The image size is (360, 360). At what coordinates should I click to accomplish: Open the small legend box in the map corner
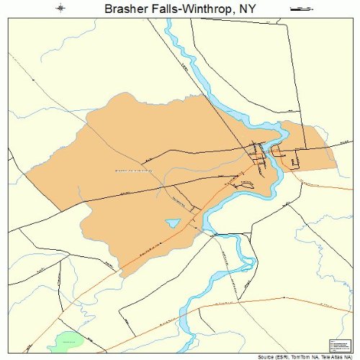(338, 345)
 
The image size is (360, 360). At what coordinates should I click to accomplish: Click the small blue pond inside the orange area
(173, 223)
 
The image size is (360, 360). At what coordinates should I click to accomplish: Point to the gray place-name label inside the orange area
(134, 171)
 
